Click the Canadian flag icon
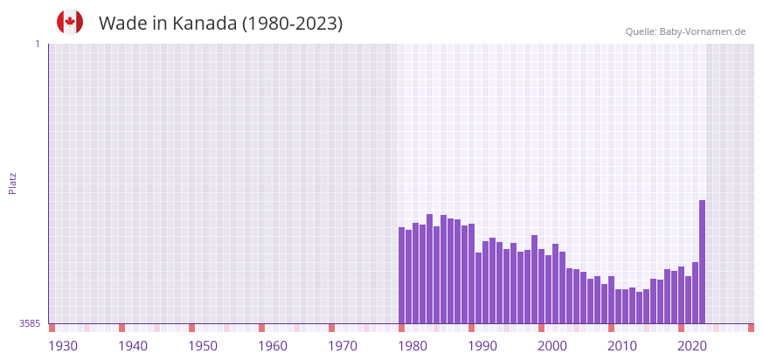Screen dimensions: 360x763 (70, 23)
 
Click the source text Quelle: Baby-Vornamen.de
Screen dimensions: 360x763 (685, 31)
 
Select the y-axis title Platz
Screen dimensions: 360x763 (12, 183)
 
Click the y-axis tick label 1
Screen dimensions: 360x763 (37, 44)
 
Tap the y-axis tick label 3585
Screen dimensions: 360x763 (30, 324)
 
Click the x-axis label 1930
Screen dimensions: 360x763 (62, 346)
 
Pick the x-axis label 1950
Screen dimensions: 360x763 (202, 346)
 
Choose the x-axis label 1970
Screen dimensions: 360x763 (342, 346)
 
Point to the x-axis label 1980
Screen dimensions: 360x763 (412, 346)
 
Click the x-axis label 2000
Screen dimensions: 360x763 (551, 346)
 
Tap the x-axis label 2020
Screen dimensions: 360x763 (691, 346)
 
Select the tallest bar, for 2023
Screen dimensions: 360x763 (702, 262)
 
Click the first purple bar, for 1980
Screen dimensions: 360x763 (402, 275)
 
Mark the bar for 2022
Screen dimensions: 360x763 (695, 293)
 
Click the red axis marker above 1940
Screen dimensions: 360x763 (121, 328)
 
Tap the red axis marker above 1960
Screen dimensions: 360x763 (261, 328)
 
